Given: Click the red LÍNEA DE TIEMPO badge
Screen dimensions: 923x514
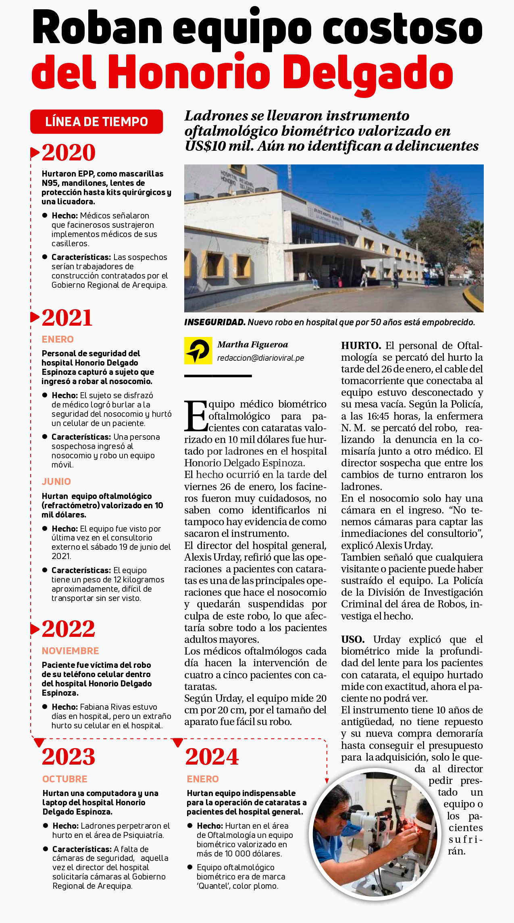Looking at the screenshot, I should pos(96,122).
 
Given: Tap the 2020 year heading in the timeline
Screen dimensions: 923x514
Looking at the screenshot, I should pos(69,153).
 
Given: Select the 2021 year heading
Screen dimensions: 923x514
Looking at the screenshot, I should pos(67,318).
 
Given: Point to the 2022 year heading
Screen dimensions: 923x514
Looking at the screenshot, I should pos(69,629).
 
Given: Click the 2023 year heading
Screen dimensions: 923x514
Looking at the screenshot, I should pos(69,757).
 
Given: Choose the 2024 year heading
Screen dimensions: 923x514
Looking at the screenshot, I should pos(212,757).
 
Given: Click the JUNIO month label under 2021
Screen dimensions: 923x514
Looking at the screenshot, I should pos(56,482).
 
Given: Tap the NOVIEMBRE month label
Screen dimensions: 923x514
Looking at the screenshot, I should pos(71,651).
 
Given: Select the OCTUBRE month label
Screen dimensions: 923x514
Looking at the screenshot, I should pos(65,779).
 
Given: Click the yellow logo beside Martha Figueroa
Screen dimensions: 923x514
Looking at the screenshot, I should pos(198,351).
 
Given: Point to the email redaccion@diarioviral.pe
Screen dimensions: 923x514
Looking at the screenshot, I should pos(260,358).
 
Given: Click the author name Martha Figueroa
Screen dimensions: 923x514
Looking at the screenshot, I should pos(253,345).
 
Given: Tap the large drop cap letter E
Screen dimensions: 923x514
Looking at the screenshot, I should pos(196,416).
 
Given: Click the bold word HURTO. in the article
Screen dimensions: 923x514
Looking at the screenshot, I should pos(361,346).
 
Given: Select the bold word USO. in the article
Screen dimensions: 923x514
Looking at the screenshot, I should pos(353,640).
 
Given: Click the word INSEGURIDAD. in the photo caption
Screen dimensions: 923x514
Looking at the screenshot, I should pos(215,322).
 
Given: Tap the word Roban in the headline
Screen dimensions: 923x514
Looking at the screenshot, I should pos(97,28).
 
